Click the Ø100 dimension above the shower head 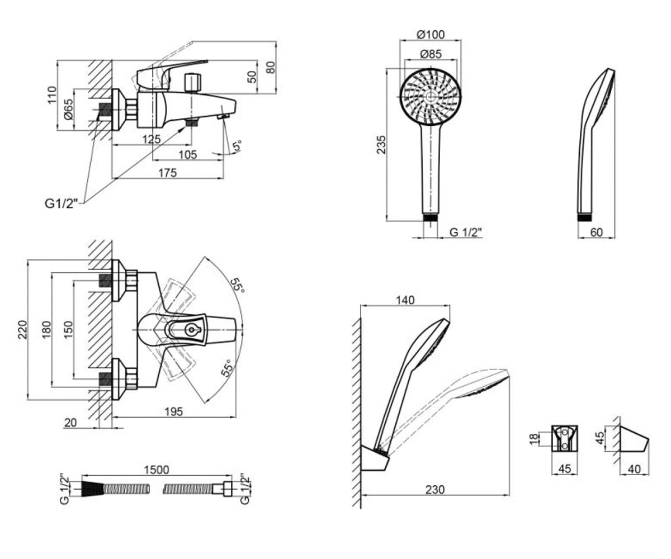431,34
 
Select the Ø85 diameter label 431,54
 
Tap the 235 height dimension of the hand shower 381,145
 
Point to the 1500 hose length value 156,470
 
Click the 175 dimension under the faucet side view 167,173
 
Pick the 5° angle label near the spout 237,145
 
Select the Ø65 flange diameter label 69,109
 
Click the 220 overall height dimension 22,330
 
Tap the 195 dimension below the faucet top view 173,411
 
